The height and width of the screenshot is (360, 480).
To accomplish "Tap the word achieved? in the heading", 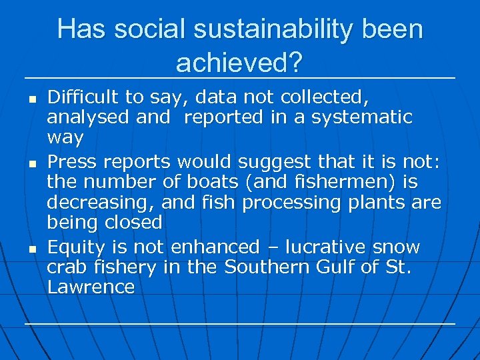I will coord(239,63).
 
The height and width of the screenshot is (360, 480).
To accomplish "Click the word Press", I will coord(72,161).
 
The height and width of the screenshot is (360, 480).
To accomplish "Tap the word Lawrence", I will coord(91,287).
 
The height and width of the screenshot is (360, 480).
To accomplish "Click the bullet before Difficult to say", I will coord(31,99).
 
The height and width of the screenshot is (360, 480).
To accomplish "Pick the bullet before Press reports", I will coord(31,163).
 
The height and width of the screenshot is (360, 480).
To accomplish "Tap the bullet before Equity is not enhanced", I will coord(31,249).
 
